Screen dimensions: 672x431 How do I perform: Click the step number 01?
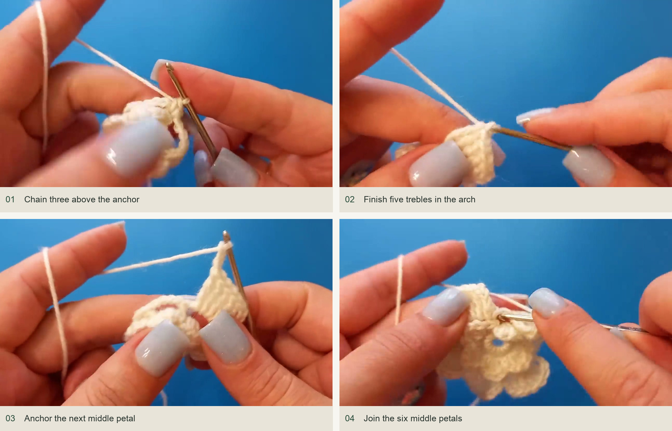tap(10, 200)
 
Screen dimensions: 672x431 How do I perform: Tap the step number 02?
tap(350, 200)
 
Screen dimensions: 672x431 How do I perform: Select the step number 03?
tap(10, 419)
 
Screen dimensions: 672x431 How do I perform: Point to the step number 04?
tap(350, 419)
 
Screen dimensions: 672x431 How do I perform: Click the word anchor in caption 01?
tap(126, 200)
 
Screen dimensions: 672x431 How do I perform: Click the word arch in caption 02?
tap(466, 200)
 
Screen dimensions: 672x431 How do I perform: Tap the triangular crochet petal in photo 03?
tap(222, 291)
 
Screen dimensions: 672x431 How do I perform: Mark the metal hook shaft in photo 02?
tap(532, 139)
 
